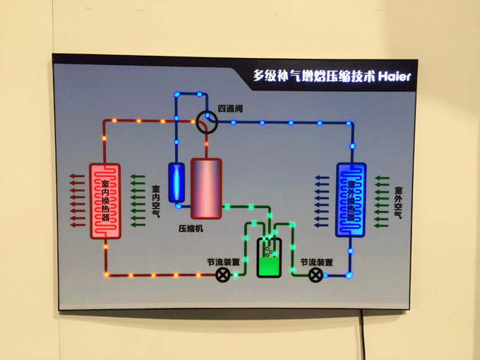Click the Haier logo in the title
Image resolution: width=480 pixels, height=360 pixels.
coord(395,76)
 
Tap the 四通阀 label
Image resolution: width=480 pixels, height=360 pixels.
coord(230,109)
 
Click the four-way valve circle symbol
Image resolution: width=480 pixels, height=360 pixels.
coord(207,122)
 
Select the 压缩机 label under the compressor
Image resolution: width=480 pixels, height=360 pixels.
coord(191,229)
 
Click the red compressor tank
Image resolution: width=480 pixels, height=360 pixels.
coord(206,188)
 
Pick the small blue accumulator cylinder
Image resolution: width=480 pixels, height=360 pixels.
coord(176,182)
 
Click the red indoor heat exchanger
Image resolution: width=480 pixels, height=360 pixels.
coord(105,201)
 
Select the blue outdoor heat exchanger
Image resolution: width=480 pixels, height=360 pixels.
coord(351,200)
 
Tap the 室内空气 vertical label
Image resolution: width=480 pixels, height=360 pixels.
coord(156,201)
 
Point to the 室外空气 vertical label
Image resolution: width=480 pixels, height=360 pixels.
coord(398,203)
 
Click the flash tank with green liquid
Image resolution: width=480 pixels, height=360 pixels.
coord(269,257)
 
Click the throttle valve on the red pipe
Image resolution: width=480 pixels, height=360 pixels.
coord(223,275)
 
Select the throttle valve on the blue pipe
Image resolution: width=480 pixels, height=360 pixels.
coord(316,275)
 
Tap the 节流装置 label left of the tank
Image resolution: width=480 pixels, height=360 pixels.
coord(223,262)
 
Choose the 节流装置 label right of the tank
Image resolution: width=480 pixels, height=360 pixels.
coord(316,263)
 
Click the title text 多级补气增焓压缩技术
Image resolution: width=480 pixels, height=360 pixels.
coord(314,76)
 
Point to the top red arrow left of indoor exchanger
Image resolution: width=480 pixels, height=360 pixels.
coord(77,176)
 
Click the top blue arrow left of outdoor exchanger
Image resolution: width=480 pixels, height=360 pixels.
coord(322,178)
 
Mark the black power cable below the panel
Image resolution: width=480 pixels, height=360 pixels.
coord(364,335)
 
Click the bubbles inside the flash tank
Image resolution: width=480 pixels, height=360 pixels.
coord(269,249)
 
